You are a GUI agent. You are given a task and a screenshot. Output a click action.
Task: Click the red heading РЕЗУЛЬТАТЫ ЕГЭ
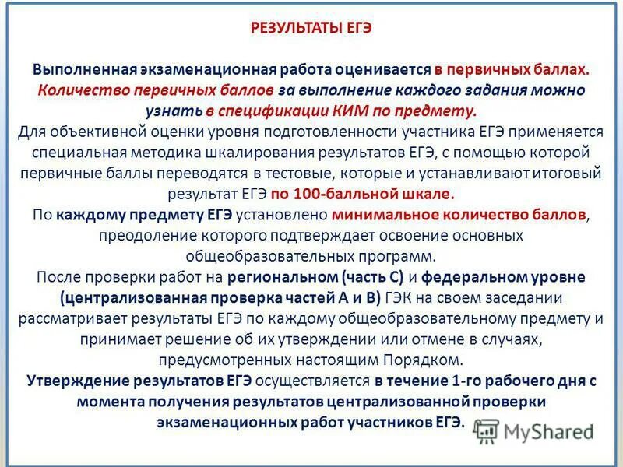coord(311,29)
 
